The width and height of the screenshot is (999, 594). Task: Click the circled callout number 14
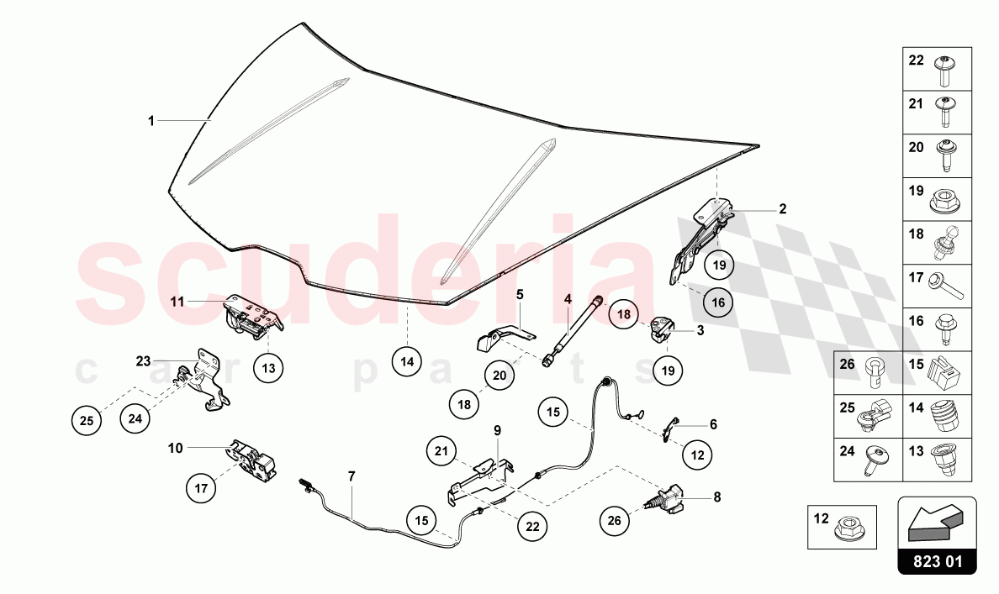407,362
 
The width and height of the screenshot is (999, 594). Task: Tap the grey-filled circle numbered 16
718,302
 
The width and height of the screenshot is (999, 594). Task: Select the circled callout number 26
614,521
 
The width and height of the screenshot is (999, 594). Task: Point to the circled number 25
87,420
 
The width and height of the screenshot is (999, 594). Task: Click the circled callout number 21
441,451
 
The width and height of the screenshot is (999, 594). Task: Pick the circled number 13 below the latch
268,368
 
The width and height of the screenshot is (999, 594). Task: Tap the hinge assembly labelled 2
700,240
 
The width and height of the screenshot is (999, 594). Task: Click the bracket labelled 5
505,338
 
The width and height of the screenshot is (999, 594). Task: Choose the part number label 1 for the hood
151,120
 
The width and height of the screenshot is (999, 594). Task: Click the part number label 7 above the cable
351,476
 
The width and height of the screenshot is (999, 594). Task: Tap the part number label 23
143,361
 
